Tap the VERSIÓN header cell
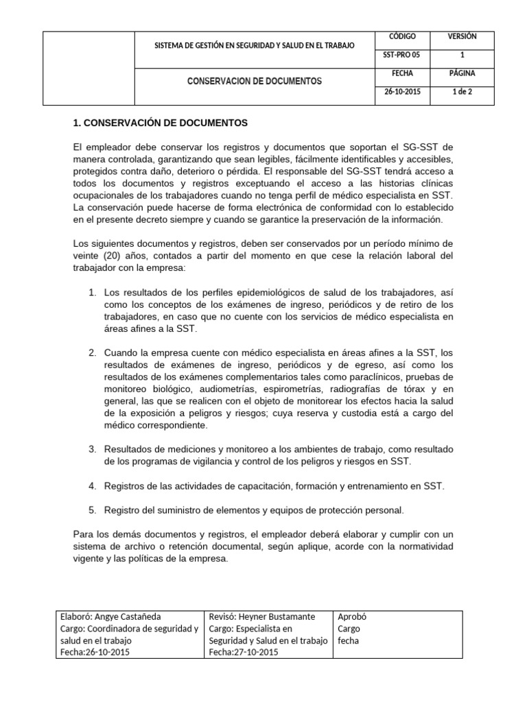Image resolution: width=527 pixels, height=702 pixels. [x=462, y=36]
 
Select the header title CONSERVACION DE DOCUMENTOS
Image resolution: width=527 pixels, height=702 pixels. [x=255, y=81]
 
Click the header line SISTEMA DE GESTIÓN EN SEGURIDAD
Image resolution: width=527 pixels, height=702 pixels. [x=255, y=45]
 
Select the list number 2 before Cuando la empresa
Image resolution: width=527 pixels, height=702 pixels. [x=93, y=352]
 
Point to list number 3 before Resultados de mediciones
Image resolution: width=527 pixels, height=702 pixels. [x=93, y=449]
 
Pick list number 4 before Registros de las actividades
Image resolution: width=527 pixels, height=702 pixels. [x=93, y=486]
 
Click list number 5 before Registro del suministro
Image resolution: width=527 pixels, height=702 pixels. [x=93, y=510]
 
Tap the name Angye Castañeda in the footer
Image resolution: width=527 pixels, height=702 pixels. [x=128, y=616]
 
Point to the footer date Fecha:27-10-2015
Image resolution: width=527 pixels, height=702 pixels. [x=243, y=652]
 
